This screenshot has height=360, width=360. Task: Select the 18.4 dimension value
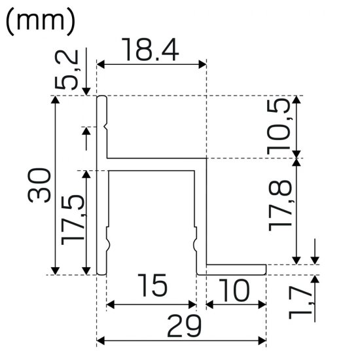[151, 50]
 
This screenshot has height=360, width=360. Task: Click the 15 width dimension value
[152, 286]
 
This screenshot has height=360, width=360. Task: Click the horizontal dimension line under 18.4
[152, 64]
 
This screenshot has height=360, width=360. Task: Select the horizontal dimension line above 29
[181, 340]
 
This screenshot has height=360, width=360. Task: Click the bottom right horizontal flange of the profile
[236, 269]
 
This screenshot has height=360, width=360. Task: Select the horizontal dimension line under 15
[152, 304]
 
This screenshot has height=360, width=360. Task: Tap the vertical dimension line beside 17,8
[298, 210]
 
